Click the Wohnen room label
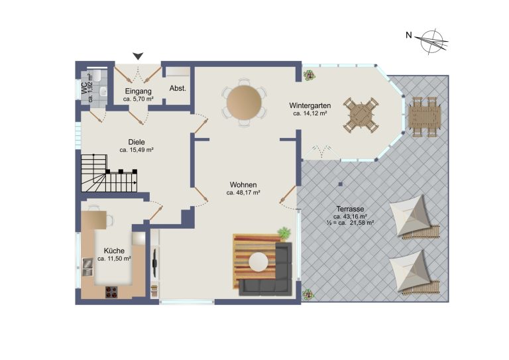click(x=243, y=185)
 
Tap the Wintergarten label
click(x=310, y=105)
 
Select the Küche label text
click(x=114, y=251)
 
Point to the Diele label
click(x=137, y=142)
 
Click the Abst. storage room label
click(x=178, y=88)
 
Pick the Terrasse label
click(x=350, y=209)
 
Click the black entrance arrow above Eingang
click(x=139, y=56)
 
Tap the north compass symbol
click(x=433, y=41)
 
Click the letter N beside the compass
click(x=409, y=34)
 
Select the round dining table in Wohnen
click(x=244, y=102)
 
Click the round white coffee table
click(x=258, y=262)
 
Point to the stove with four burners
click(x=111, y=292)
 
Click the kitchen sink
click(x=88, y=267)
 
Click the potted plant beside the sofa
click(x=284, y=233)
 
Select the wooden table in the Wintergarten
click(x=361, y=115)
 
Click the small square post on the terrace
click(x=340, y=184)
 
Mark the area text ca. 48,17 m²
click(x=243, y=193)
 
